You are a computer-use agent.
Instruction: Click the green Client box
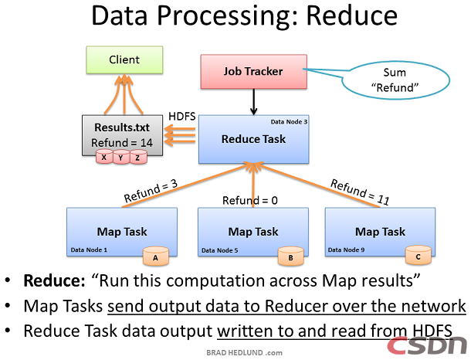click(x=124, y=59)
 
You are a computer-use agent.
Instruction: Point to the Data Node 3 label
click(x=290, y=122)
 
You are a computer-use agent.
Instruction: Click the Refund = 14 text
click(x=121, y=143)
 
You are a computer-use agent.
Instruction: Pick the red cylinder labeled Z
click(x=138, y=158)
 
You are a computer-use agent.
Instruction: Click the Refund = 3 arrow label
click(x=150, y=192)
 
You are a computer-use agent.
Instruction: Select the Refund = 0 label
click(x=249, y=201)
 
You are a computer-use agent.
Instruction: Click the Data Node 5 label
click(x=221, y=250)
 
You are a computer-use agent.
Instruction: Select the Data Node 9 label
click(x=348, y=250)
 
